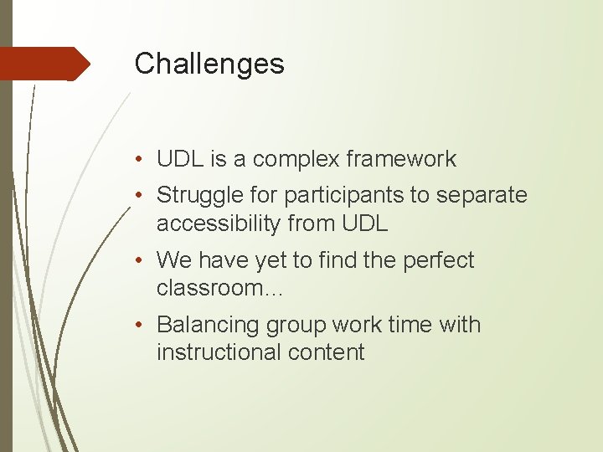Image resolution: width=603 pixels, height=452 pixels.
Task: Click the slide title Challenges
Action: (209, 64)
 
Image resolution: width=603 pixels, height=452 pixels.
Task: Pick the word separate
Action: (483, 196)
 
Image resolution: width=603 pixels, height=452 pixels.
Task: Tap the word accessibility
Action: (219, 223)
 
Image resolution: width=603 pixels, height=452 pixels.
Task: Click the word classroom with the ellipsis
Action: (220, 289)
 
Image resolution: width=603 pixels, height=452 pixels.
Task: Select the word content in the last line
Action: (327, 352)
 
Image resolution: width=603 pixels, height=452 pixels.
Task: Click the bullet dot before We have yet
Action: (143, 261)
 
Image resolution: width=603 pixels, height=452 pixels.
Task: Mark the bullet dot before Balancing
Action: (143, 325)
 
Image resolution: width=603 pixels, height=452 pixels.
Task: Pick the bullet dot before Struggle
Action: (143, 196)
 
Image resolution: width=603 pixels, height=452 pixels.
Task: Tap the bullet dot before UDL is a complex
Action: (143, 159)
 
